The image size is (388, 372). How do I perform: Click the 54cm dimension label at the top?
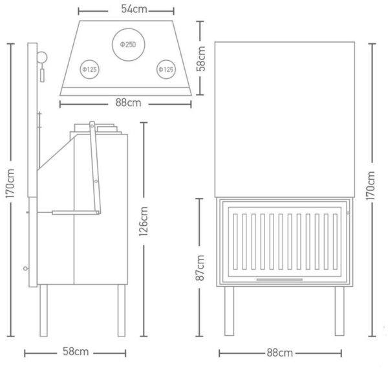click(x=134, y=9)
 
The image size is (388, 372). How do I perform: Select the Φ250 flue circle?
click(x=129, y=28)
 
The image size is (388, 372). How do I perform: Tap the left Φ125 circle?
click(x=90, y=60)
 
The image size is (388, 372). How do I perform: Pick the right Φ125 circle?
click(x=166, y=60)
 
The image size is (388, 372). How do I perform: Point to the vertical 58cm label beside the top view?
click(x=201, y=59)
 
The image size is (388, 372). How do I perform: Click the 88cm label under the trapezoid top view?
click(x=128, y=103)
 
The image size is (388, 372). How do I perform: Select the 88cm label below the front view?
click(x=279, y=353)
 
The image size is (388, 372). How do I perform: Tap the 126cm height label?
click(x=144, y=221)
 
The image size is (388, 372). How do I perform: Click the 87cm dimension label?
click(x=200, y=268)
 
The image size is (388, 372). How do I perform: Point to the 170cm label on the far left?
click(x=10, y=183)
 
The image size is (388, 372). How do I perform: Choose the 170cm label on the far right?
click(x=371, y=186)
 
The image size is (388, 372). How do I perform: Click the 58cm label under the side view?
click(x=76, y=351)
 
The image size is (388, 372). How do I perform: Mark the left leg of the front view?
click(x=229, y=311)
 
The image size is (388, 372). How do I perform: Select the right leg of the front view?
click(x=339, y=311)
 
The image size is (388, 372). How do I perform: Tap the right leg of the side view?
click(x=122, y=311)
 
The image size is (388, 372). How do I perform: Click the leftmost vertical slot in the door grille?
click(x=235, y=241)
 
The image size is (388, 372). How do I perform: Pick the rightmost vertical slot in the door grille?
click(x=335, y=241)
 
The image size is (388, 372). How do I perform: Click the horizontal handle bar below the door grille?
click(x=279, y=279)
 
